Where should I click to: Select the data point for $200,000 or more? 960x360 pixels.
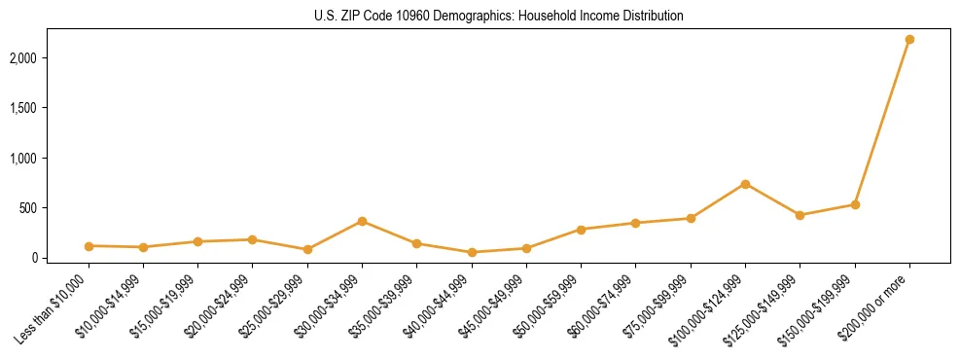909,39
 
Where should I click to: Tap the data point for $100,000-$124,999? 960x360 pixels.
745,184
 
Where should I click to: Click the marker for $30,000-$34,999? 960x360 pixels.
362,221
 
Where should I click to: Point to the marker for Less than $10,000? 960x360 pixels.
89,246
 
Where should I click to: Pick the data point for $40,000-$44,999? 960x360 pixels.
472,252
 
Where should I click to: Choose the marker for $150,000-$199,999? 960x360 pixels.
855,204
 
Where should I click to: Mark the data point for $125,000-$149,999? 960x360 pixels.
800,215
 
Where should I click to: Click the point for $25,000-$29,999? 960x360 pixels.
307,249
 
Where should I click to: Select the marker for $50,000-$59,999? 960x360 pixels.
581,230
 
